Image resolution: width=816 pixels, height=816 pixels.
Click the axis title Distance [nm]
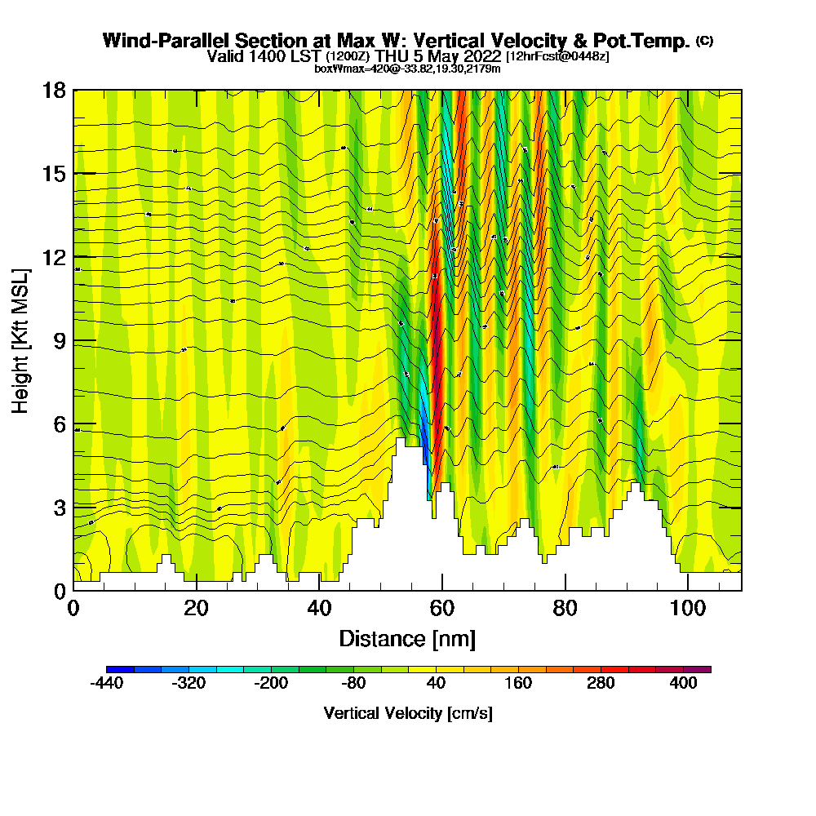pos(407,638)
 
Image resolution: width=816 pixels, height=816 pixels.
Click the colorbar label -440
pos(107,684)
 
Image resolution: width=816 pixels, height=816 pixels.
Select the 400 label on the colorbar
pos(683,684)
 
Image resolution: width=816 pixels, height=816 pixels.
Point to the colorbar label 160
pos(519,684)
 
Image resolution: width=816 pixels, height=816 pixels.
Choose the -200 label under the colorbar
pos(272,684)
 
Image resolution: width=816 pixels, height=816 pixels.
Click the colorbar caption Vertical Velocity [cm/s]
pos(407,713)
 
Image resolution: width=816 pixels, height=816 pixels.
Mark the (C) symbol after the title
pos(704,40)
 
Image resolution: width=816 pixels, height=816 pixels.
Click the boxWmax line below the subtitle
pos(407,69)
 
